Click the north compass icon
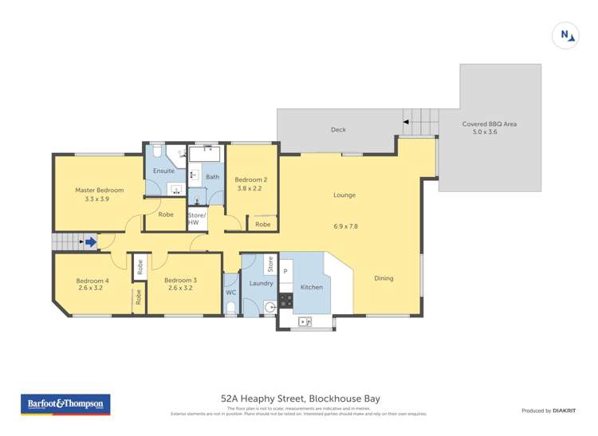pyautogui.click(x=565, y=35)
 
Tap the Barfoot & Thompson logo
pyautogui.click(x=65, y=404)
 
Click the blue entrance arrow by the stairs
pyautogui.click(x=91, y=242)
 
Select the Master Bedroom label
pyautogui.click(x=100, y=191)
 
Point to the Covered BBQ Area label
pyautogui.click(x=490, y=124)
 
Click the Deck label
pyautogui.click(x=338, y=129)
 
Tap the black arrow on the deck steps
pyautogui.click(x=406, y=122)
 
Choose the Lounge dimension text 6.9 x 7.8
pyautogui.click(x=345, y=226)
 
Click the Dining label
pyautogui.click(x=384, y=278)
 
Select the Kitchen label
pyautogui.click(x=311, y=286)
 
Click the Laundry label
pyautogui.click(x=261, y=283)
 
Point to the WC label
pyautogui.click(x=230, y=293)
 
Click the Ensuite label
pyautogui.click(x=164, y=171)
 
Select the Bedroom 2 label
pyautogui.click(x=250, y=180)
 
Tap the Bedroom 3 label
pyautogui.click(x=180, y=281)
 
